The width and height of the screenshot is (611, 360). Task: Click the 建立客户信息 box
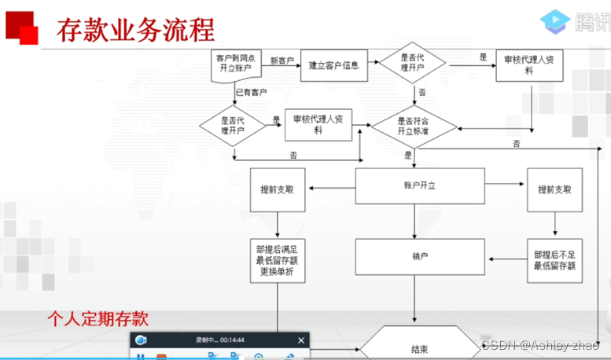pyautogui.click(x=334, y=66)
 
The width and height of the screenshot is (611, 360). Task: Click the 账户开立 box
pyautogui.click(x=414, y=186)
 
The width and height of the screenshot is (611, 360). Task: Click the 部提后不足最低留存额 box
pyautogui.click(x=555, y=260)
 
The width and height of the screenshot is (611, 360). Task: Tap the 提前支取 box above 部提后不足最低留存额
pyautogui.click(x=554, y=190)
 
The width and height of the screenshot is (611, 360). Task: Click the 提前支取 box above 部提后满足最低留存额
pyautogui.click(x=277, y=190)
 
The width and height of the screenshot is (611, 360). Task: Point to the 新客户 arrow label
pyautogui.click(x=282, y=61)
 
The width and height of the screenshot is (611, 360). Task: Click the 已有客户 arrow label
pyautogui.click(x=252, y=93)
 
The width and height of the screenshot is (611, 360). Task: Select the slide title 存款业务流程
pyautogui.click(x=135, y=30)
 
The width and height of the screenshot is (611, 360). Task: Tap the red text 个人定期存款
pyautogui.click(x=98, y=320)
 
